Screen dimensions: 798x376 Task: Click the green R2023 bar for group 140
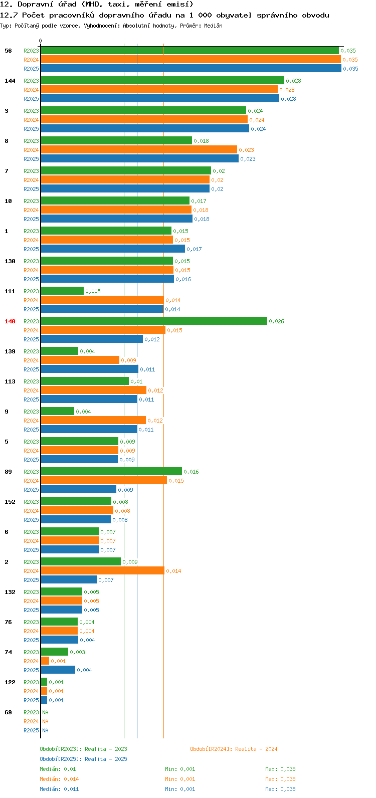click(153, 321)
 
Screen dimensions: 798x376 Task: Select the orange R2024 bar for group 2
click(102, 570)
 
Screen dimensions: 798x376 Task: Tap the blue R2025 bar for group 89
click(78, 489)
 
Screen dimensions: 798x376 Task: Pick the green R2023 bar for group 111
click(62, 291)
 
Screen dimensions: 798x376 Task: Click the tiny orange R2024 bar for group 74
click(45, 661)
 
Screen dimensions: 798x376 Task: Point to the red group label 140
click(10, 321)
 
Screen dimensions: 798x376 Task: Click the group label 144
click(10, 81)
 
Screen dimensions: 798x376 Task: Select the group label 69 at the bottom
click(8, 712)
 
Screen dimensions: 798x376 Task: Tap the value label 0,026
click(276, 321)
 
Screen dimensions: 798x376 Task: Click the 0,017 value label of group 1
click(194, 249)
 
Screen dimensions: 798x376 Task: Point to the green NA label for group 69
click(45, 712)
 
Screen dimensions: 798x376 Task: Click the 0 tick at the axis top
click(41, 41)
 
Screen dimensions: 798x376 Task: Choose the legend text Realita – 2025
click(106, 759)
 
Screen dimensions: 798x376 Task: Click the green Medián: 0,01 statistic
click(58, 769)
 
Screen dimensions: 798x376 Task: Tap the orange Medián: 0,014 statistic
click(59, 779)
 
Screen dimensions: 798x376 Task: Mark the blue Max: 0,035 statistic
click(280, 789)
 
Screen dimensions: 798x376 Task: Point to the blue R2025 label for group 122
click(31, 700)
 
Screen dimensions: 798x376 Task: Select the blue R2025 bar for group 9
click(89, 429)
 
